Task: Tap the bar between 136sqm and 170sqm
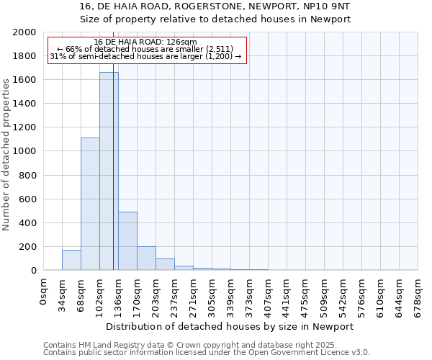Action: (x=127, y=240)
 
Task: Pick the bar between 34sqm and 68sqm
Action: (x=71, y=260)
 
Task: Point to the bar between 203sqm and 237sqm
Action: (x=165, y=264)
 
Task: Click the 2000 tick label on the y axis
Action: (x=25, y=32)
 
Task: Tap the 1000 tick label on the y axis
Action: (x=25, y=151)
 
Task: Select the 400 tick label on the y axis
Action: (x=28, y=222)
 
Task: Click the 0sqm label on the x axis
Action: (x=44, y=292)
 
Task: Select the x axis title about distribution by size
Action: (x=230, y=326)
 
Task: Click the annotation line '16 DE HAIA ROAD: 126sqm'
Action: (x=145, y=42)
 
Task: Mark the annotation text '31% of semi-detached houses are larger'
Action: (x=145, y=56)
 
